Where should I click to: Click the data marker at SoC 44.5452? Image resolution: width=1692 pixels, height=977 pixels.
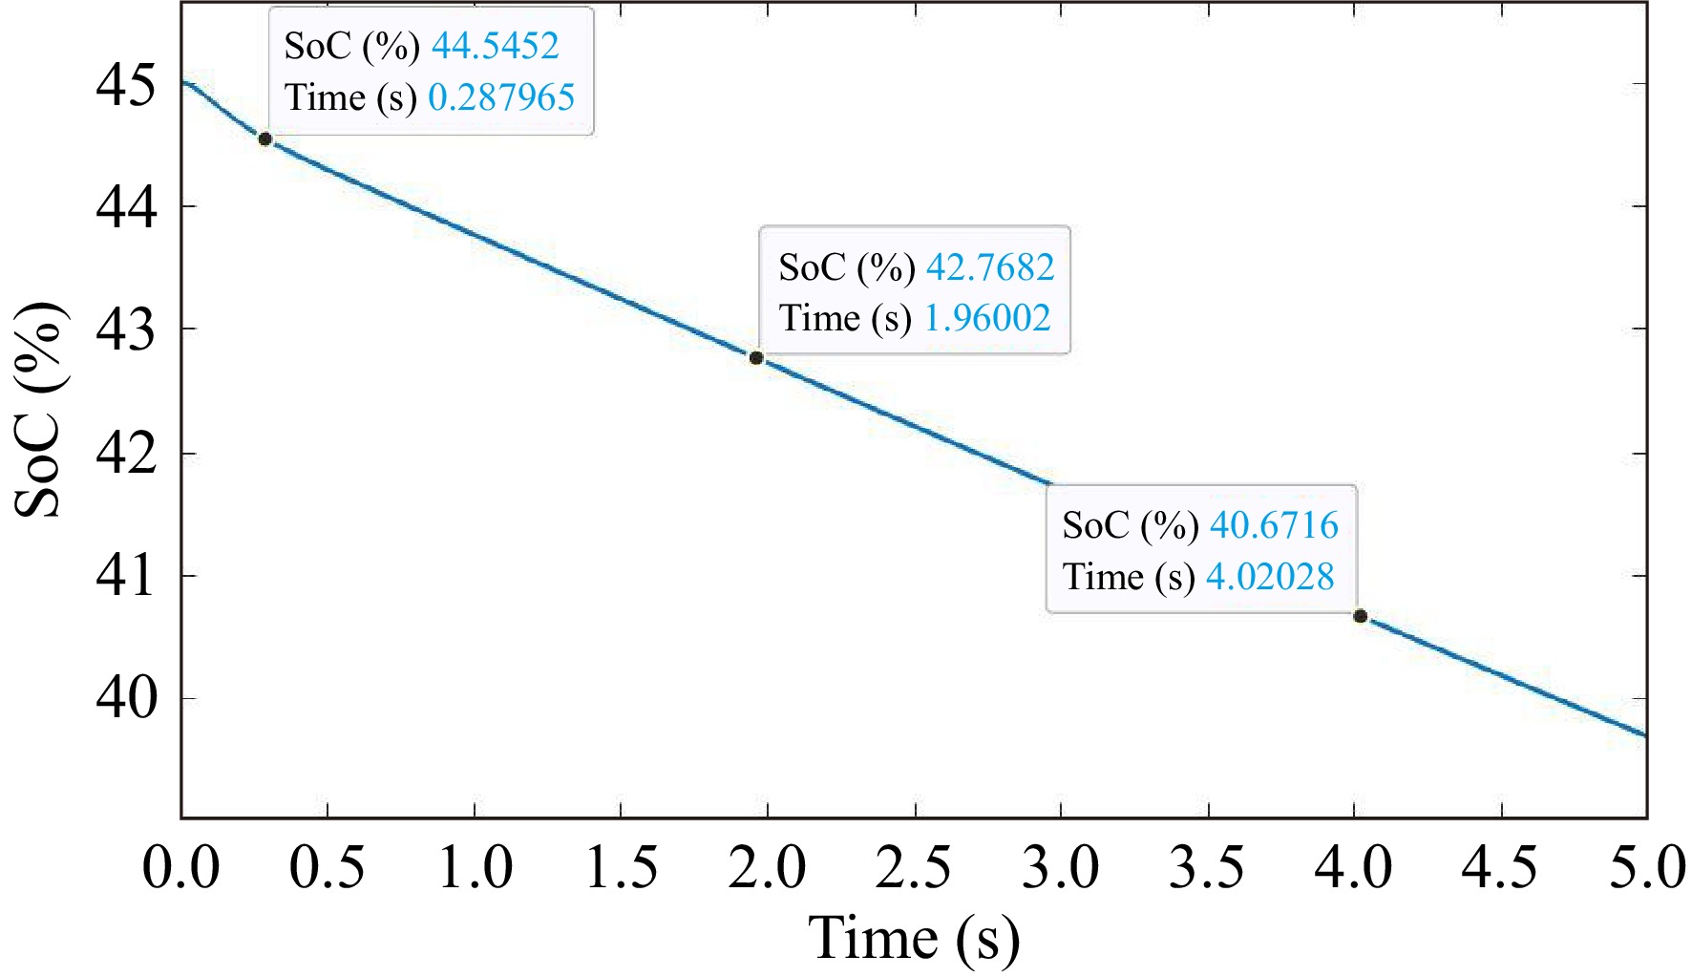[265, 139]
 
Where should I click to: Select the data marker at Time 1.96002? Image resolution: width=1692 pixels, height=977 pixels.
[756, 358]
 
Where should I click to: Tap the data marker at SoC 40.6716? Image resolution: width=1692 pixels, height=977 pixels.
[1360, 616]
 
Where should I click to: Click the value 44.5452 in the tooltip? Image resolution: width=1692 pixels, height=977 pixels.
[495, 46]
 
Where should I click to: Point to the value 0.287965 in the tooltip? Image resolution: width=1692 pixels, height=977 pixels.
[501, 97]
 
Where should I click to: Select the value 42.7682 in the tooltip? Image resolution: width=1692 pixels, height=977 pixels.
[990, 267]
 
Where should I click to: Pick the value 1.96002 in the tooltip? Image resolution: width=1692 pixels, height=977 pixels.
[987, 318]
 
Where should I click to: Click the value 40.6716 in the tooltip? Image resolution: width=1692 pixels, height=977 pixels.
[1274, 525]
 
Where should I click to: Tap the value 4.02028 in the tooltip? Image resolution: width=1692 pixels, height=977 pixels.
[1270, 577]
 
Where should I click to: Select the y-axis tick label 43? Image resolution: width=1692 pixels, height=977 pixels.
[125, 330]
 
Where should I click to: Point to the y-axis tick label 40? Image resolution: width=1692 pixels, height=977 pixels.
[125, 699]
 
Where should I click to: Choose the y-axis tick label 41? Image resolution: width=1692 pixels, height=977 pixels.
[125, 577]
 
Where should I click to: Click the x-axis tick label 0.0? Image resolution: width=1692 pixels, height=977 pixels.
[181, 869]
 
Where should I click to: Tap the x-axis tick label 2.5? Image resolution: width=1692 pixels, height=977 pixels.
[915, 869]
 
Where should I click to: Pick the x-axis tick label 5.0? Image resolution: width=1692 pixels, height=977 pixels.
[1648, 869]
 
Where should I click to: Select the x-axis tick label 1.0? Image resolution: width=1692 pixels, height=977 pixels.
[475, 869]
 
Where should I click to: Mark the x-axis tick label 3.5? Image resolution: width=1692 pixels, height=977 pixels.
[1208, 869]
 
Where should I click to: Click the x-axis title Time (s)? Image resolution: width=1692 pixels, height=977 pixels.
[914, 938]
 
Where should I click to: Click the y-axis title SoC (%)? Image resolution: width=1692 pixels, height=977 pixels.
[40, 411]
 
